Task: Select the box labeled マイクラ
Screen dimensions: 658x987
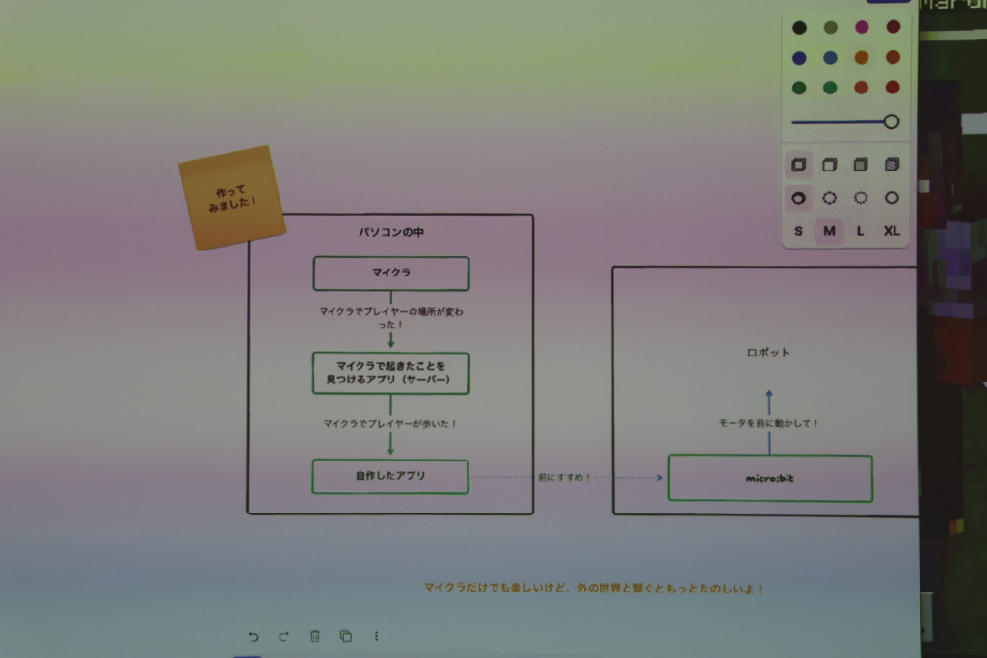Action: pos(391,274)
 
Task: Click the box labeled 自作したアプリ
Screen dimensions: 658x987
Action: pos(389,476)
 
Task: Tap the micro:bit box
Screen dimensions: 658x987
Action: pos(769,479)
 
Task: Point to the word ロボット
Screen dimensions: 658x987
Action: pos(768,353)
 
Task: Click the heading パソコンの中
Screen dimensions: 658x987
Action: pos(390,233)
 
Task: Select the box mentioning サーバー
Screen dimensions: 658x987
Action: pos(390,373)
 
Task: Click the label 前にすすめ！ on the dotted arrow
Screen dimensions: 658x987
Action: pos(565,477)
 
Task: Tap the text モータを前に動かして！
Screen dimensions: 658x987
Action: pos(768,423)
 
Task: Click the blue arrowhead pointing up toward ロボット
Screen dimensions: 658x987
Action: pos(769,394)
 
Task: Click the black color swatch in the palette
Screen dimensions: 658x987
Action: pos(799,27)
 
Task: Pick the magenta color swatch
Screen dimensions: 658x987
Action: pos(861,27)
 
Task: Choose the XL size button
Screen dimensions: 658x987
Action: pos(892,231)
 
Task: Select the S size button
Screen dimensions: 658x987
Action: pos(798,231)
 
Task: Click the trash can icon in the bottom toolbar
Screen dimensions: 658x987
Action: pos(314,636)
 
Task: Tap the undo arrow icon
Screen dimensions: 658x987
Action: pos(253,636)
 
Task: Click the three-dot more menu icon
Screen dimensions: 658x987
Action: pos(376,636)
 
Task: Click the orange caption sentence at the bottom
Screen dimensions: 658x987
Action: pos(594,588)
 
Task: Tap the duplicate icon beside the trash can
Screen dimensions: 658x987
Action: pos(345,636)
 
